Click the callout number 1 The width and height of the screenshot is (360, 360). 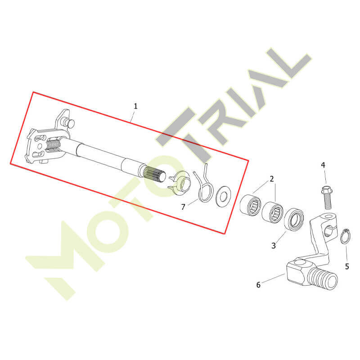point(135,106)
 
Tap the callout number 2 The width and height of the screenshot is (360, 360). point(272,179)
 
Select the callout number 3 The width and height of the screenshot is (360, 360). point(274,246)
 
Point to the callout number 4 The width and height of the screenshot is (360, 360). point(323,165)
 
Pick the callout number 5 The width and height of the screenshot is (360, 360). point(347,266)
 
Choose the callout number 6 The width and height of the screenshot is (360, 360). point(258,285)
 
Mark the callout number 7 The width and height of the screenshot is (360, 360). point(183,207)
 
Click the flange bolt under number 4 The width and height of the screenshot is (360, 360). point(328,198)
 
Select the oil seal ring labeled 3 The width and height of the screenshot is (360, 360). point(294,219)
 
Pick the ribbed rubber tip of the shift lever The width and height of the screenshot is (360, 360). point(323,279)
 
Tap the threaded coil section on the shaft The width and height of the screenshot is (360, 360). point(53,144)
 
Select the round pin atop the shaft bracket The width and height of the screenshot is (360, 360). point(70,123)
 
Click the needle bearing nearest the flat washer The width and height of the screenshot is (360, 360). point(251,205)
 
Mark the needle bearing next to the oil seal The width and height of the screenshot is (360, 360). point(273,212)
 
